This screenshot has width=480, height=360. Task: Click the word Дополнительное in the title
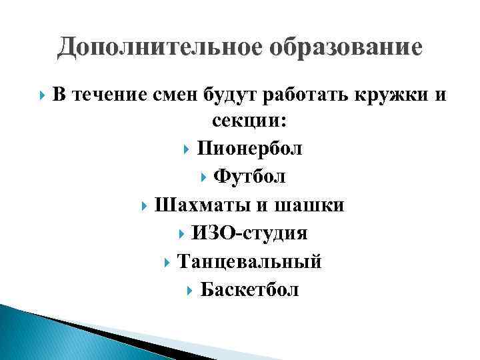[143, 47]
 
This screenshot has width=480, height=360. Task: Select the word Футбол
[249, 177]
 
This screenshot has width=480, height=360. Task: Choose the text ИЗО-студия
[249, 233]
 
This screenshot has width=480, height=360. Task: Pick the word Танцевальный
[249, 262]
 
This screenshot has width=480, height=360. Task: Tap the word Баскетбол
[250, 290]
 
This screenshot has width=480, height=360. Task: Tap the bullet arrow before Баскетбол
[189, 291]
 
